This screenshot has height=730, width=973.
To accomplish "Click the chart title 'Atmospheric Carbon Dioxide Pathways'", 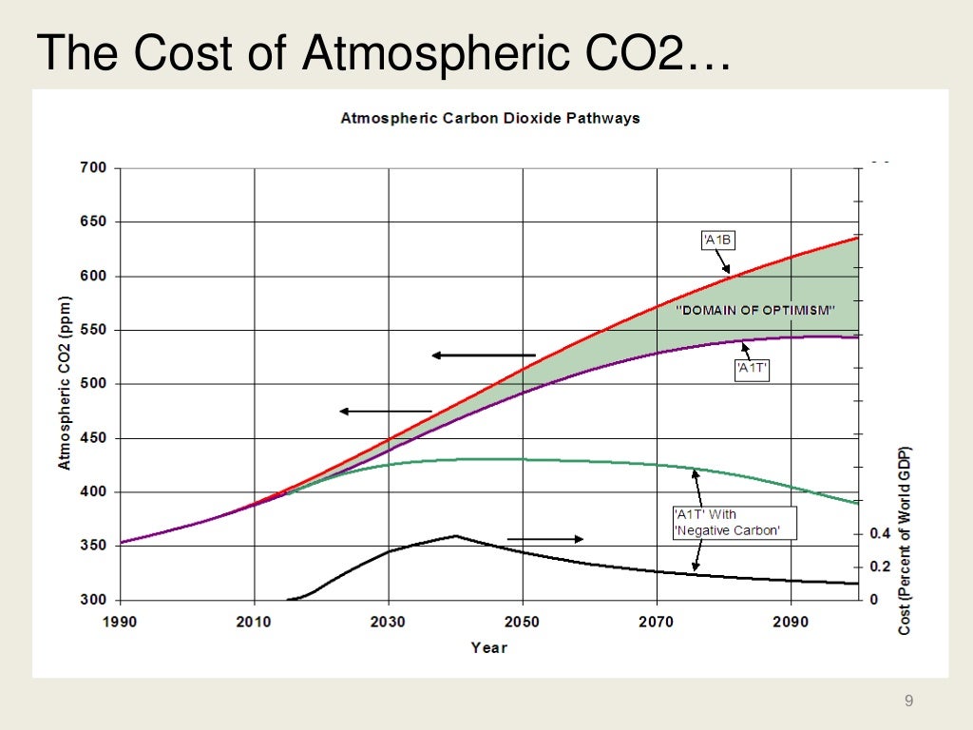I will pyautogui.click(x=490, y=119).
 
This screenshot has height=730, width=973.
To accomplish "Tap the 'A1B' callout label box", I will pyautogui.click(x=717, y=240).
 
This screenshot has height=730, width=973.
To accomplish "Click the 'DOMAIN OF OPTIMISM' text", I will pyautogui.click(x=755, y=310).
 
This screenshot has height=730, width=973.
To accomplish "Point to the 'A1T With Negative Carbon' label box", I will pyautogui.click(x=727, y=523).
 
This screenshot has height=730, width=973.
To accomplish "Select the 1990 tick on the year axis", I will pyautogui.click(x=120, y=623).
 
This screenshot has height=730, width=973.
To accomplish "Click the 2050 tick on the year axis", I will pyautogui.click(x=522, y=623).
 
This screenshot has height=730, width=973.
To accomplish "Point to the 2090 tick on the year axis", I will pyautogui.click(x=791, y=623).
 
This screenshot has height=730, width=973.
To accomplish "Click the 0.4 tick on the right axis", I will pyautogui.click(x=881, y=534).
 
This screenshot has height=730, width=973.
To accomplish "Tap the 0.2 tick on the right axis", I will pyautogui.click(x=881, y=567).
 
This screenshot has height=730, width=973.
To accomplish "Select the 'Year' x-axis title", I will pyautogui.click(x=489, y=648).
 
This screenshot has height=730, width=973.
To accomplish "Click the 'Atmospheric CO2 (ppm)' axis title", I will pyautogui.click(x=65, y=385).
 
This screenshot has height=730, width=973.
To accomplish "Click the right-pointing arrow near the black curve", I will pyautogui.click(x=545, y=539).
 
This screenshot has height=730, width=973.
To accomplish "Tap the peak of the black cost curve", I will pyautogui.click(x=456, y=535).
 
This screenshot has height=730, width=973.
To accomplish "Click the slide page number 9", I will pyautogui.click(x=909, y=701).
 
